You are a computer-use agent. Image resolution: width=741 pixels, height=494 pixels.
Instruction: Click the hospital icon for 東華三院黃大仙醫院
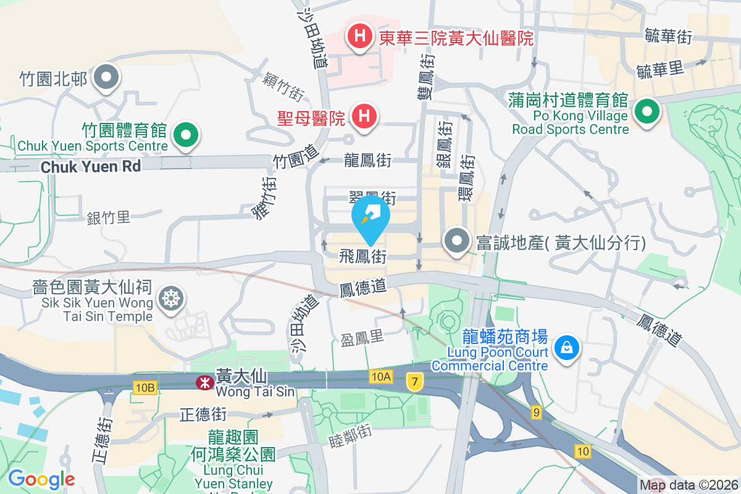359,37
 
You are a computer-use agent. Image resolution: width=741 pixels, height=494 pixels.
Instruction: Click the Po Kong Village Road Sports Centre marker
647,112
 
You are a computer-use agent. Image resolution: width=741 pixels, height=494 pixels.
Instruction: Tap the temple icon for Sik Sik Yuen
170,299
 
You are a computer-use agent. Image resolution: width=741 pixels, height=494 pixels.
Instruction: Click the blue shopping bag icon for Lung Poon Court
566,347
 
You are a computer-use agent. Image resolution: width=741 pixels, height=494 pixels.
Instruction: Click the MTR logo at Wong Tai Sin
203,383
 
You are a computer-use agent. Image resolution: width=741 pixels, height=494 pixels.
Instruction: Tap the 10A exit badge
382,376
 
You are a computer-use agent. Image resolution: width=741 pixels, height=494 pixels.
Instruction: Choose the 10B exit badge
144,387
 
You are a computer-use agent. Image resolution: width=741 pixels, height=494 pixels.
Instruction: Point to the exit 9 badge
536,412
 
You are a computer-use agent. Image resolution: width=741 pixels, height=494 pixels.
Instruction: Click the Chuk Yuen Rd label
91,167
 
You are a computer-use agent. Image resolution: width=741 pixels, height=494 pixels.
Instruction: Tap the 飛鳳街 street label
363,256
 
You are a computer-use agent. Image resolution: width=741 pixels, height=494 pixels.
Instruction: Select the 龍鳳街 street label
367,161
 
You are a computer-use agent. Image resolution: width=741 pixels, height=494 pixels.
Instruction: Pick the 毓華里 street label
660,70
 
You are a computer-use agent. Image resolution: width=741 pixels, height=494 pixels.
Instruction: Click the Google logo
41,479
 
